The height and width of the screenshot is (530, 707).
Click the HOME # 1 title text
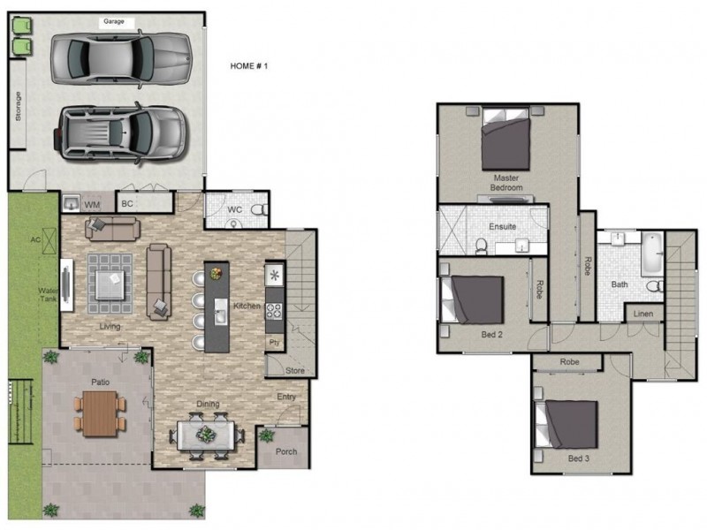point(248,66)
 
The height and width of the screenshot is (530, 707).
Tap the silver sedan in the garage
point(120,58)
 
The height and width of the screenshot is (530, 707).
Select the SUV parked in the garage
point(120,132)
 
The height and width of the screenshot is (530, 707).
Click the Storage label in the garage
point(18,108)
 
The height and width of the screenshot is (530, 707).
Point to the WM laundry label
point(92,205)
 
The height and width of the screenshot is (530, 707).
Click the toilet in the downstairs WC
point(257,211)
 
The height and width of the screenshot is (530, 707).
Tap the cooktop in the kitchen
point(274,311)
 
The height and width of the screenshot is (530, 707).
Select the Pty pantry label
point(274,342)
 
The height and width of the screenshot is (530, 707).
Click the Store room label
point(295,371)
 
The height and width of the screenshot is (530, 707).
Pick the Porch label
point(285,451)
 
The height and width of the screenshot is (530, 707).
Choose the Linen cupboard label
point(643,313)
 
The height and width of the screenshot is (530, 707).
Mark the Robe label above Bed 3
point(569,362)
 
